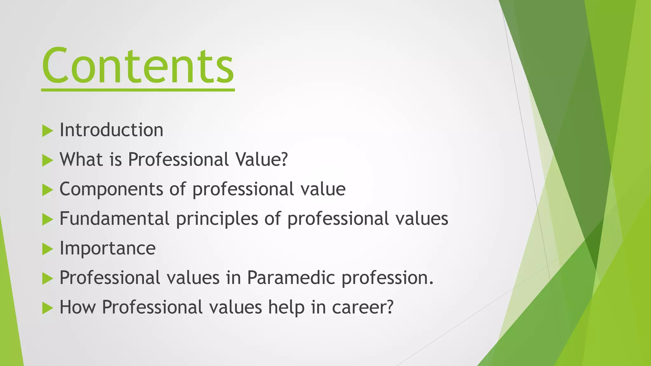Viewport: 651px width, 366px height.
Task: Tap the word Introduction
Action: (111, 130)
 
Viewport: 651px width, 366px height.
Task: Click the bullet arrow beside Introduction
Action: (47, 131)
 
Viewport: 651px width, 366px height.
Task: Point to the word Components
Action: (111, 189)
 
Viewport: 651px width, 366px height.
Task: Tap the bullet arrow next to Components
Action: (47, 190)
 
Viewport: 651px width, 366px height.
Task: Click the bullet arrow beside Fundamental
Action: (47, 220)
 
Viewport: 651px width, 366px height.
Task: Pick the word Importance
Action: (107, 248)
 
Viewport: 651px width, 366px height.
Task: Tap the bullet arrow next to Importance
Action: (47, 249)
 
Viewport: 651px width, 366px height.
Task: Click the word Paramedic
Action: (291, 278)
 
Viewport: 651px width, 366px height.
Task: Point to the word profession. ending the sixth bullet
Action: (387, 278)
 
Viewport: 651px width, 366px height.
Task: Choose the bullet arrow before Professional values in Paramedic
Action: (47, 279)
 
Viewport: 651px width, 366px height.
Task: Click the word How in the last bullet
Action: (78, 307)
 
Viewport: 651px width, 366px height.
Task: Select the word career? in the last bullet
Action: (363, 308)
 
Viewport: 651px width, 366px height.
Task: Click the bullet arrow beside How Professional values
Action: (47, 308)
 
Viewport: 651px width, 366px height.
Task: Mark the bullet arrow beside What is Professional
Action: (47, 160)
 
